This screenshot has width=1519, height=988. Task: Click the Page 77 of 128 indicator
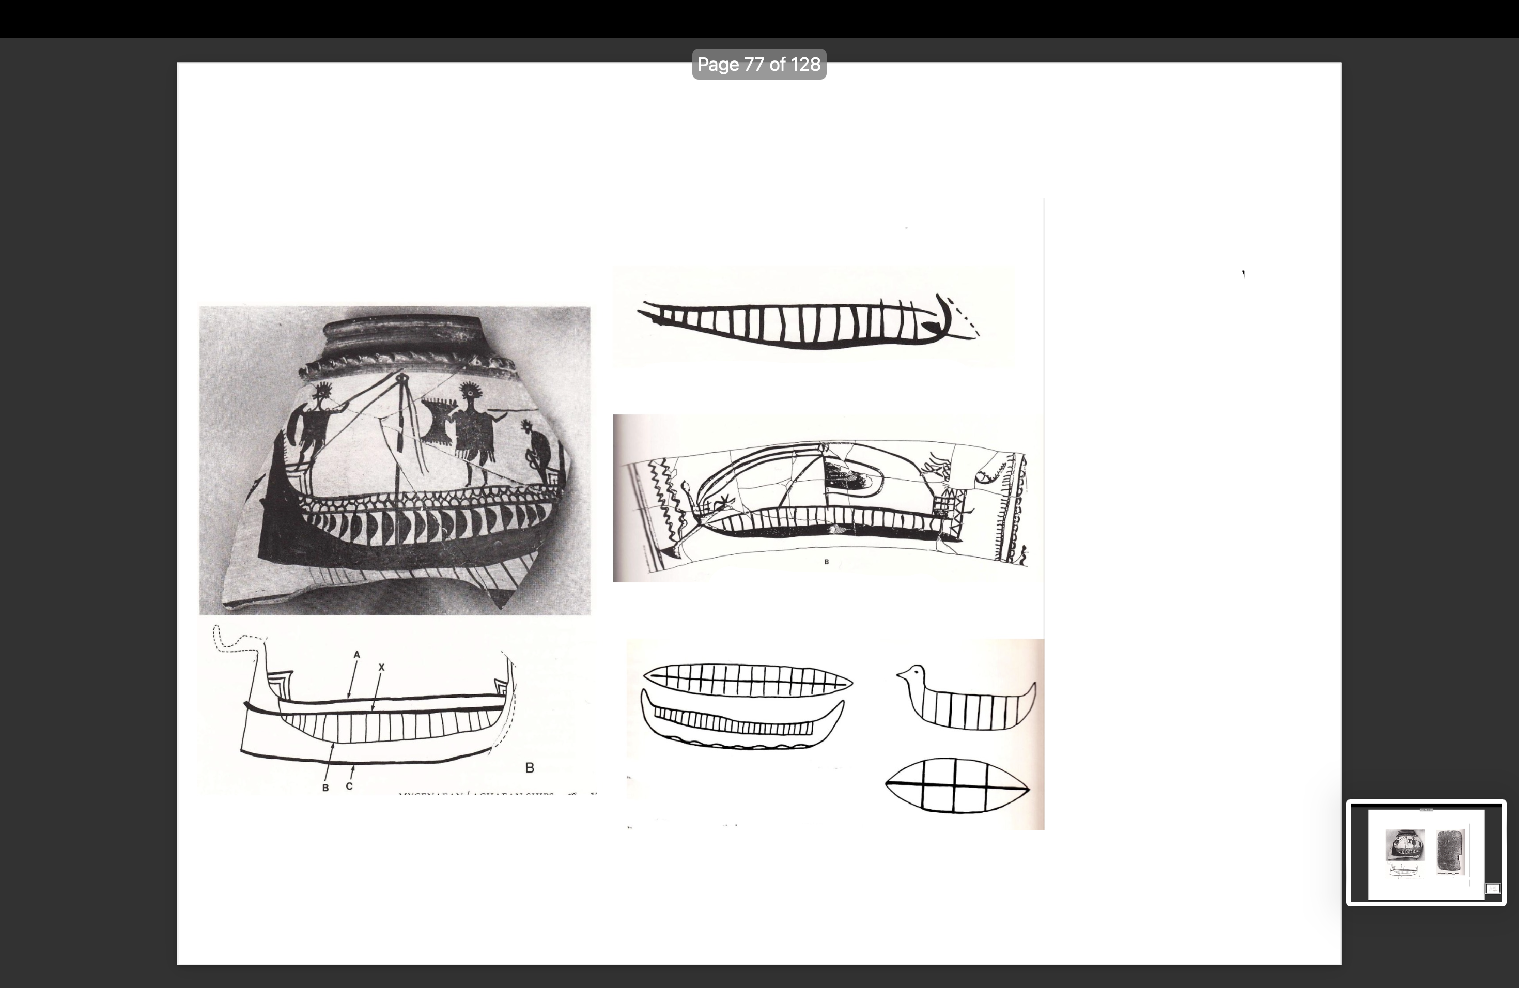click(x=759, y=65)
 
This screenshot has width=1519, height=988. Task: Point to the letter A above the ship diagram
click(x=357, y=654)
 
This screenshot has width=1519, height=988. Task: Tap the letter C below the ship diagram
click(x=349, y=785)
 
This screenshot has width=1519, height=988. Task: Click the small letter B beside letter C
click(x=326, y=788)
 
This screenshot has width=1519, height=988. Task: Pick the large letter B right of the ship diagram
click(x=529, y=768)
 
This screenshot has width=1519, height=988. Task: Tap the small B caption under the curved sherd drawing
click(x=827, y=562)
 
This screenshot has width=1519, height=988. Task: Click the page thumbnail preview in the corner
click(x=1426, y=853)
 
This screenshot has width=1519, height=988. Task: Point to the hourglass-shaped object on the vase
click(x=439, y=419)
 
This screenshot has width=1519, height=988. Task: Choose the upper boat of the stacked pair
click(x=747, y=679)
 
